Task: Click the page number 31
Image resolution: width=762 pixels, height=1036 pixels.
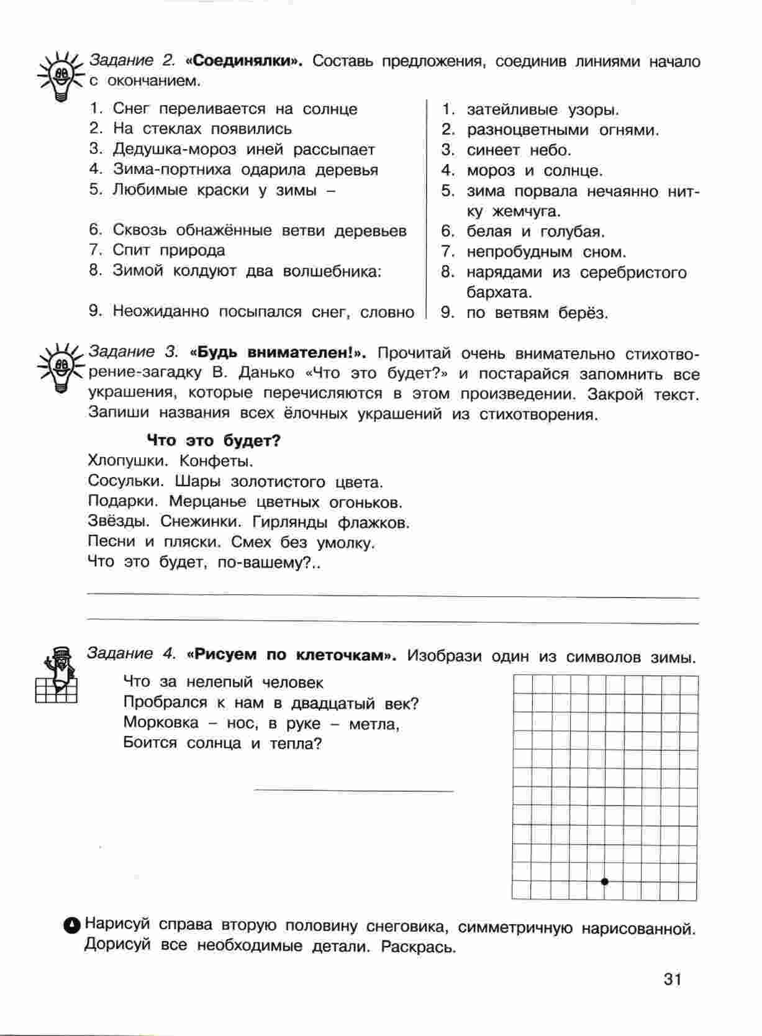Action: tap(673, 979)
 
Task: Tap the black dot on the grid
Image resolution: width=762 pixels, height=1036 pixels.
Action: tap(605, 881)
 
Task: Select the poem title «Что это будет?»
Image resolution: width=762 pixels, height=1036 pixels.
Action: tap(214, 441)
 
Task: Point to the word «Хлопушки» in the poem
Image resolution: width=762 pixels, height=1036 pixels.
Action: tap(128, 461)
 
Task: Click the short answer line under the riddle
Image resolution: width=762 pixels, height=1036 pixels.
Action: tap(354, 791)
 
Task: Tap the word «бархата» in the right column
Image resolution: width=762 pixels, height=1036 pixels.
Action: tap(499, 292)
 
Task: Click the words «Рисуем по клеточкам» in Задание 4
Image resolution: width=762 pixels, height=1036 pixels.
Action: tap(294, 655)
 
